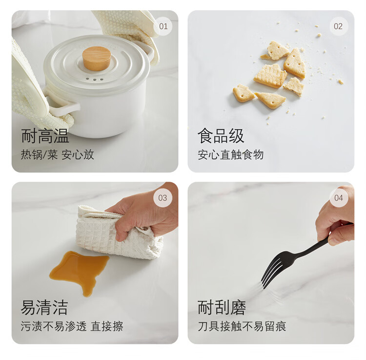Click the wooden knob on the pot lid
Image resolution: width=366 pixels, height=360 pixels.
tap(97, 59)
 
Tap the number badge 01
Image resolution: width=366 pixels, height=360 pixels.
tap(163, 26)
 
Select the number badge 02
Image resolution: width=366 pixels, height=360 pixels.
tap(338, 26)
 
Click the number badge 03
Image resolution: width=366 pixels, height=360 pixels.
tap(163, 198)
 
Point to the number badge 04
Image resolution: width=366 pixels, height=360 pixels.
tap(339, 198)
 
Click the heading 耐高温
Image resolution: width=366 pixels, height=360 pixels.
tap(45, 136)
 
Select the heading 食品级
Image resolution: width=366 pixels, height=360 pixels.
tap(221, 136)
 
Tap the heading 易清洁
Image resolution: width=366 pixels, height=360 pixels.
tap(44, 307)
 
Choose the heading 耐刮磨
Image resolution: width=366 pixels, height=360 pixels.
tap(222, 307)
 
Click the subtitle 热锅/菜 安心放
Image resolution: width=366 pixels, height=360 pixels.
tap(58, 155)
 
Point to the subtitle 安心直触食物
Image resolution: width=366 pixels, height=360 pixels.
tap(231, 155)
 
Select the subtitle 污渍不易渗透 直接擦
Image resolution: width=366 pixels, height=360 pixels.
tap(72, 326)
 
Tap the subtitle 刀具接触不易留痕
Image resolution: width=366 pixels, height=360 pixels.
tap(242, 326)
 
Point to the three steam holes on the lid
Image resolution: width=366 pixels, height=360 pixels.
tap(95, 79)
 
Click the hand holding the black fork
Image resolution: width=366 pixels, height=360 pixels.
tap(336, 217)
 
